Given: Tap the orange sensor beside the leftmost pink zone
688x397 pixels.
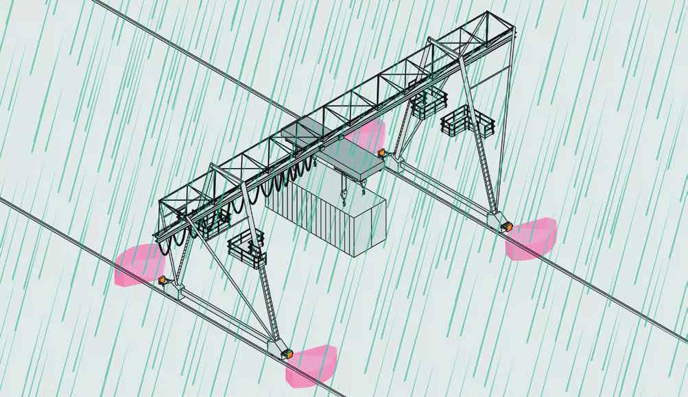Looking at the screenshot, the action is (163, 280).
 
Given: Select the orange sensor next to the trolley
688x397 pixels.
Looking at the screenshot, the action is (381, 152).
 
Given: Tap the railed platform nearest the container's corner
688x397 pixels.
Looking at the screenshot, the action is (247, 250).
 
